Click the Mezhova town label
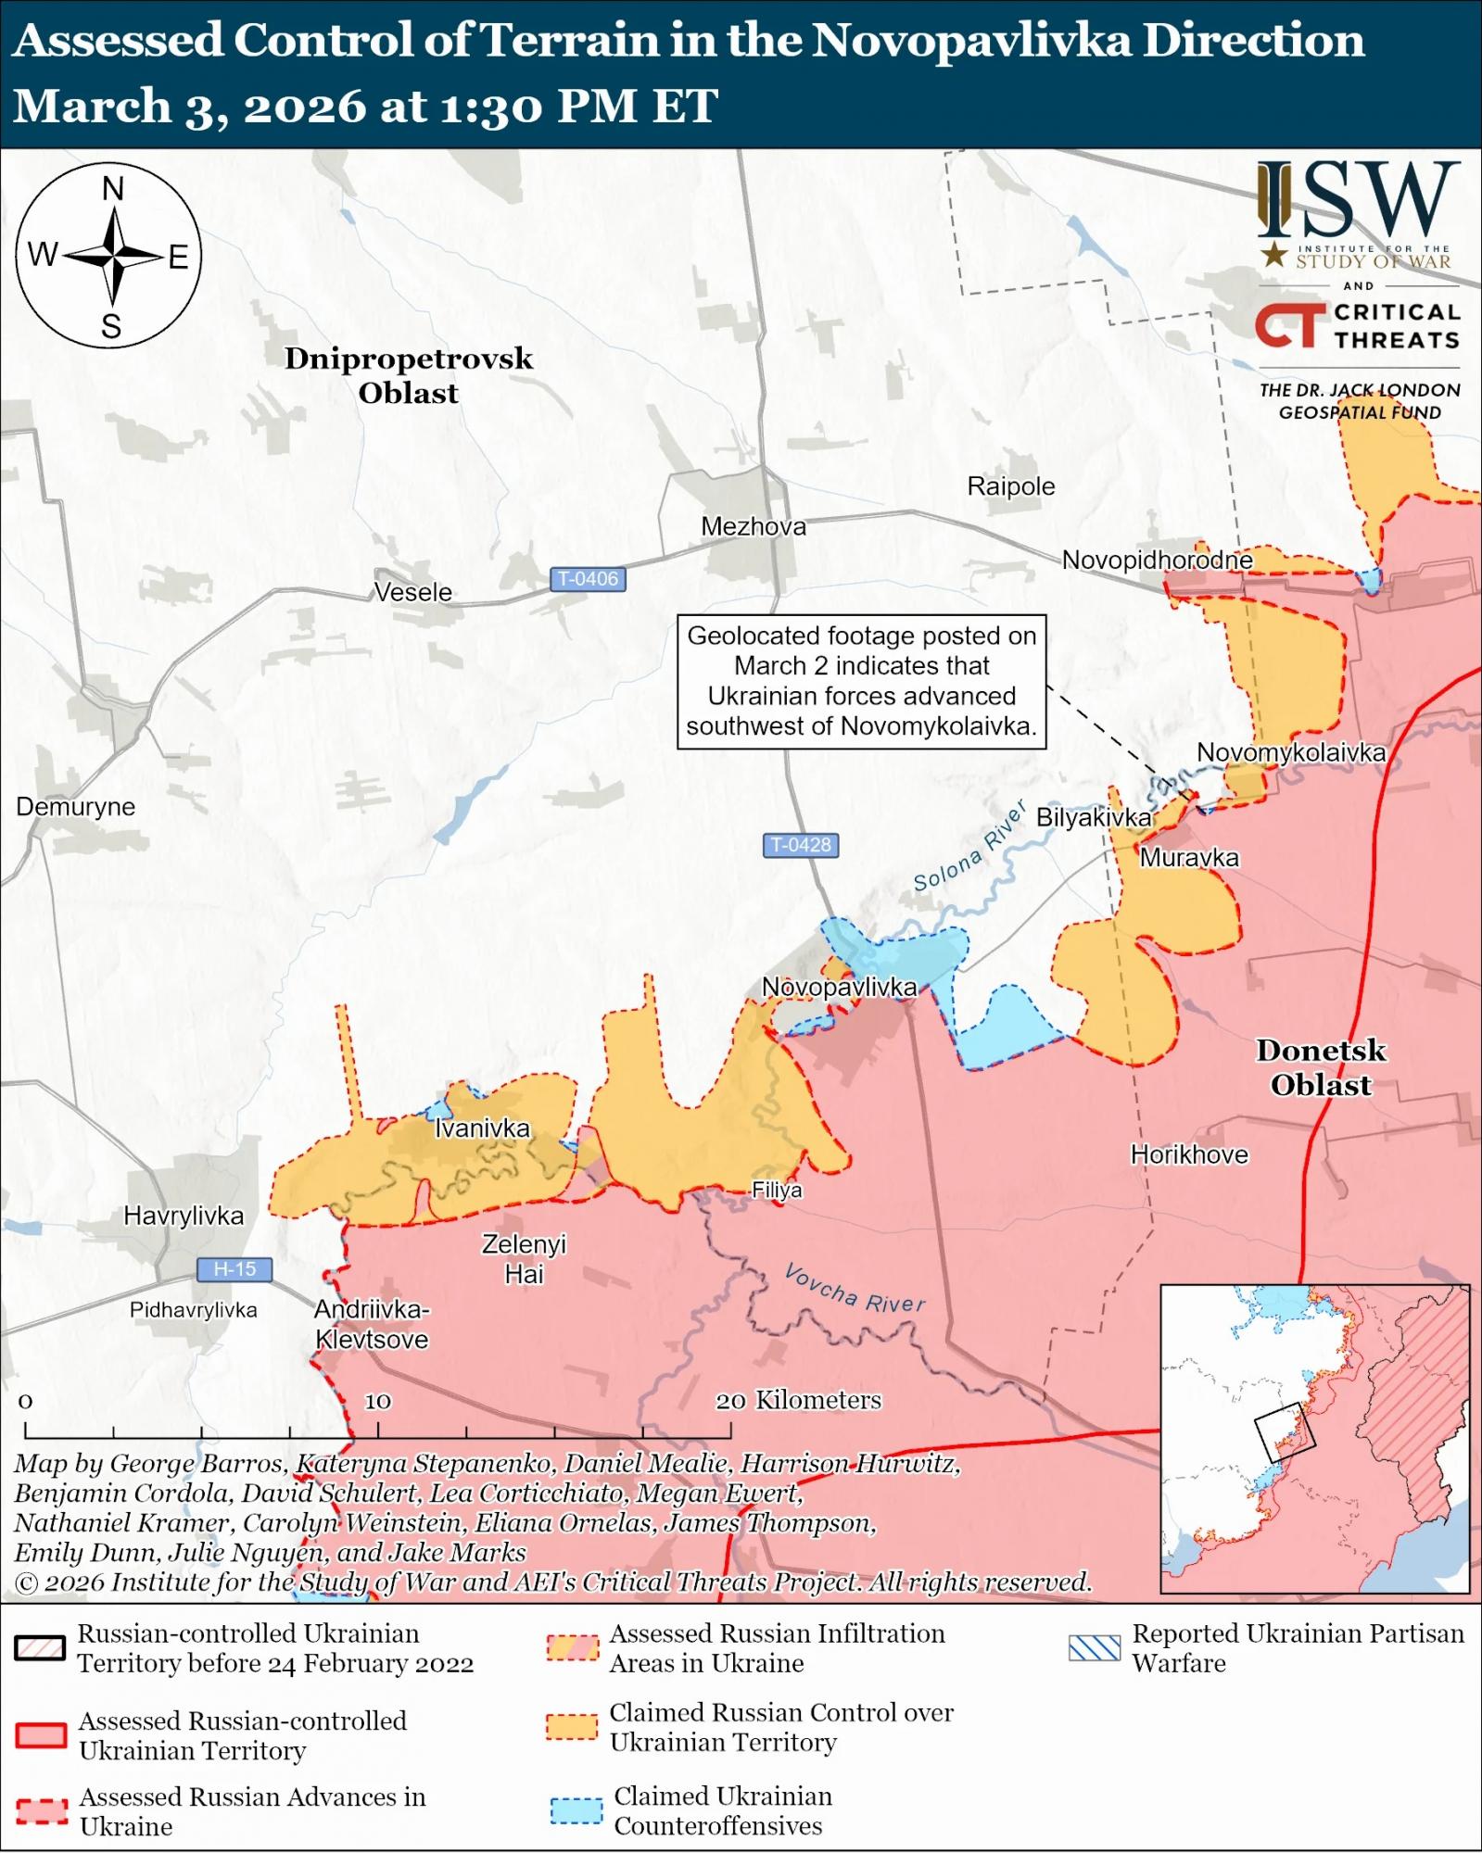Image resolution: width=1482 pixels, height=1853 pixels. [x=753, y=526]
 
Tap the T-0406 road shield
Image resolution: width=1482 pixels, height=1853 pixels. [x=589, y=579]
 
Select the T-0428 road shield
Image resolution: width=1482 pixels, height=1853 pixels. [x=802, y=845]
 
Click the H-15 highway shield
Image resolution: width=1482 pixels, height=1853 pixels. [x=234, y=1268]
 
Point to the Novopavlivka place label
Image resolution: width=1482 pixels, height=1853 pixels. [x=839, y=987]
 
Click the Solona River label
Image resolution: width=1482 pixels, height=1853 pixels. [x=969, y=848]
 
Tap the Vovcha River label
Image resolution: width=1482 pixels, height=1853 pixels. [x=855, y=1289]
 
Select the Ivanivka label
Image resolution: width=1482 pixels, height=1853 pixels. [x=482, y=1128]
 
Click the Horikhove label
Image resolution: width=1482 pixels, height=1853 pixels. [x=1189, y=1154]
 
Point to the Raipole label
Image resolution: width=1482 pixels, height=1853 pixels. [x=1010, y=486]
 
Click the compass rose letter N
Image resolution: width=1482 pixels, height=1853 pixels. [x=112, y=189]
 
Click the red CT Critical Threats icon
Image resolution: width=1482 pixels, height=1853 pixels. [x=1289, y=326]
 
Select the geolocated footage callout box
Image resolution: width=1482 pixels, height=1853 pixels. [x=861, y=681]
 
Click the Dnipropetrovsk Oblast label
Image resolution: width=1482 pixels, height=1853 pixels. [x=409, y=375]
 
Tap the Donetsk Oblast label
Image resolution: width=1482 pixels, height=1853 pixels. [x=1321, y=1067]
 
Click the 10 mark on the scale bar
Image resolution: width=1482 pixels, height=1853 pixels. [x=377, y=1402]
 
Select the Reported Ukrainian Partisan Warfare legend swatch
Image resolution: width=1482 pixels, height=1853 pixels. [x=1094, y=1648]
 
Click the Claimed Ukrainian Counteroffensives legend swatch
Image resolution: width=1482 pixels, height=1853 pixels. [x=576, y=1810]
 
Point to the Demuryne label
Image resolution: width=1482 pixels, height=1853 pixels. [x=75, y=806]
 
